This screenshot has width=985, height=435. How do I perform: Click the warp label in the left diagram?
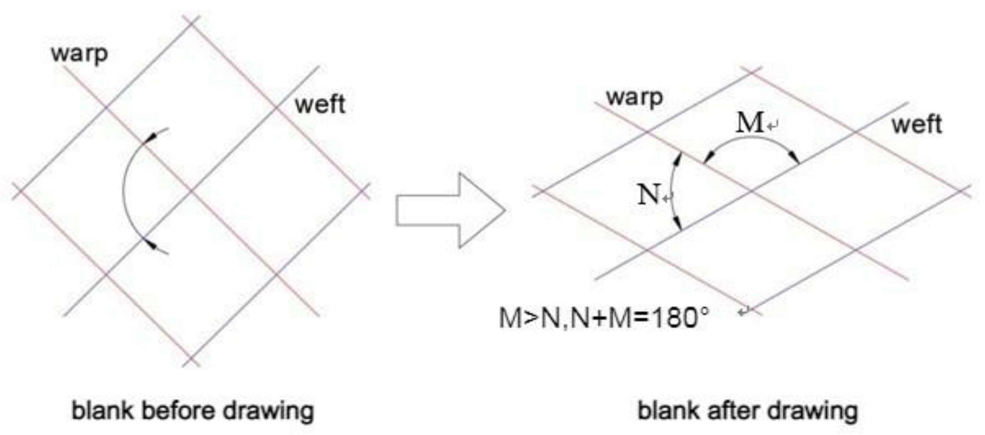79,54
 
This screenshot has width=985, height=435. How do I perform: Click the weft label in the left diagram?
320,104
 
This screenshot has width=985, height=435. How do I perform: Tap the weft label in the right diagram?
917,125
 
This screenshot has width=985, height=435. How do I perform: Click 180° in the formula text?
680,318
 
